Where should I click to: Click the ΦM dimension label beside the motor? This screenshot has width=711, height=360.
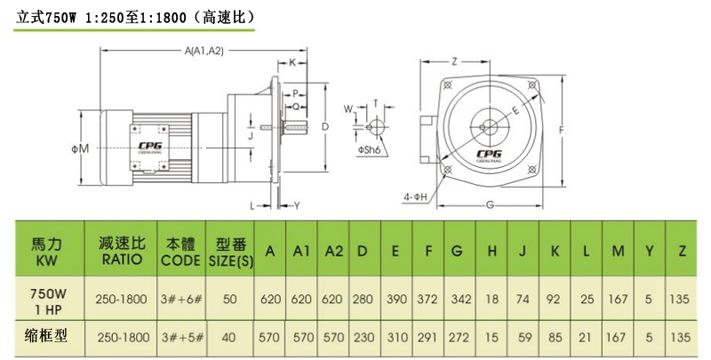(x=81, y=148)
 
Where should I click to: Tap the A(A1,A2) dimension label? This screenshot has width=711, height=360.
(x=203, y=52)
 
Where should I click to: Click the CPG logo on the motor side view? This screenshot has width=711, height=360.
(x=148, y=145)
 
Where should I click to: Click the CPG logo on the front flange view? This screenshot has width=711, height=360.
(x=488, y=153)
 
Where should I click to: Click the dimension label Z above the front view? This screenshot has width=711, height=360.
(x=453, y=61)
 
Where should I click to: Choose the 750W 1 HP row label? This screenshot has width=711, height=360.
(x=48, y=299)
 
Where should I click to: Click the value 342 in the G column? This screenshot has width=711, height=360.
(x=459, y=299)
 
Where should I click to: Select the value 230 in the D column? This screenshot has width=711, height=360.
(x=363, y=338)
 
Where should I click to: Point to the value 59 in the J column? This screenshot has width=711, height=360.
(x=523, y=338)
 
